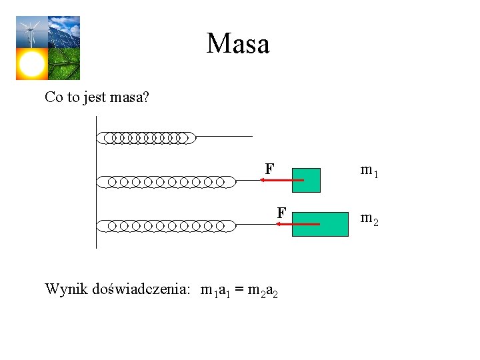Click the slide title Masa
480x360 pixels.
pos(238,44)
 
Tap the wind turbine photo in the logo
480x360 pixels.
pos(31,32)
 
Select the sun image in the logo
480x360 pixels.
pos(31,64)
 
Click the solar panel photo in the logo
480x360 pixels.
pos(64,32)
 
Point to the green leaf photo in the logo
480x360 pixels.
pos(64,64)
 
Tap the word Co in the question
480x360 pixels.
pos(54,97)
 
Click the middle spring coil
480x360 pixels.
pos(167,181)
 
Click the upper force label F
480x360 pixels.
pos(269,169)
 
